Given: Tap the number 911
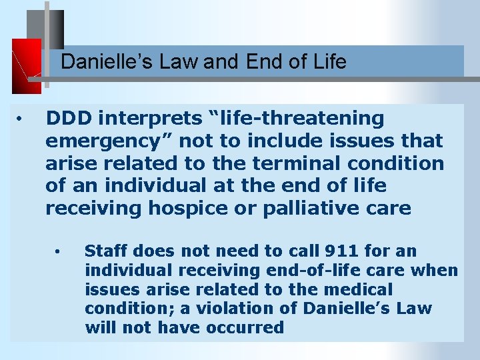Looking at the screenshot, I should [x=342, y=251].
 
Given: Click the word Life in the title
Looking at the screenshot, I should [x=330, y=62].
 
